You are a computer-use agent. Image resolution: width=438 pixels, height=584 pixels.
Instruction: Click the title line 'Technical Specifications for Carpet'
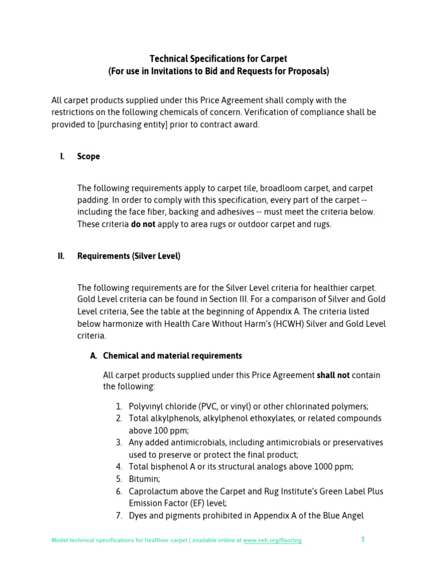tap(218, 59)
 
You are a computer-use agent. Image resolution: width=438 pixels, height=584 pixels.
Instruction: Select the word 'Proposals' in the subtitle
tap(309, 71)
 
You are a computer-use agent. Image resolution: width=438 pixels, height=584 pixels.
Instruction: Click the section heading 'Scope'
tap(88, 156)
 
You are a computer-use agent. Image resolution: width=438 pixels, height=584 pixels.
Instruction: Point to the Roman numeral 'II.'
tap(61, 256)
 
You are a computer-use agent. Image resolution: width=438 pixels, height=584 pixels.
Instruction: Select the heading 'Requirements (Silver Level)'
tap(129, 256)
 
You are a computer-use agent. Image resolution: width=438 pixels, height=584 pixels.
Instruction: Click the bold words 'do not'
tap(143, 224)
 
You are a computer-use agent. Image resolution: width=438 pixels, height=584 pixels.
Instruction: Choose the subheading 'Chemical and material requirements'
tap(172, 356)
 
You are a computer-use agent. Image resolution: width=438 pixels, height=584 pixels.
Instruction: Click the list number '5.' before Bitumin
tap(119, 479)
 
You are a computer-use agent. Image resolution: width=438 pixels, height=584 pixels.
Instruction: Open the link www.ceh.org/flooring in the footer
tap(272, 541)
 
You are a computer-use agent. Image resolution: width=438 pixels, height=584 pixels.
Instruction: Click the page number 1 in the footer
tap(362, 540)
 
